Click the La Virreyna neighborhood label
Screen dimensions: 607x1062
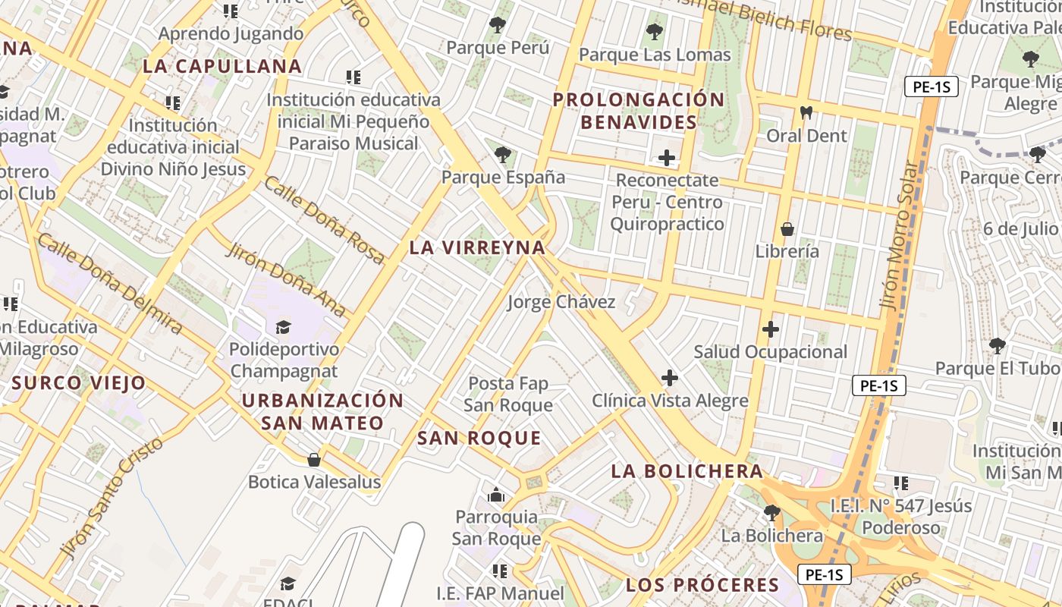(x=477, y=247)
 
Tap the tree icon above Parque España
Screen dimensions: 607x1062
(x=502, y=155)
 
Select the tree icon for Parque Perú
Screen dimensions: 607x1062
(x=497, y=25)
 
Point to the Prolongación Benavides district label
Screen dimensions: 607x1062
(x=639, y=111)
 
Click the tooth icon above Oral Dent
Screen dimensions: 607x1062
(x=806, y=113)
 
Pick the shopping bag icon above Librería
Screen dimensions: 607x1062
(x=787, y=228)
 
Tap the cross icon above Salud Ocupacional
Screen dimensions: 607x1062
(x=771, y=329)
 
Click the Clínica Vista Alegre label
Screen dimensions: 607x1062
(x=670, y=401)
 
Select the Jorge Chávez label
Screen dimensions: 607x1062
(x=561, y=302)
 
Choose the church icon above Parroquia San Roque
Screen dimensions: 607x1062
(x=496, y=495)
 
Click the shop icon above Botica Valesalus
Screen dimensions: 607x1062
(x=313, y=459)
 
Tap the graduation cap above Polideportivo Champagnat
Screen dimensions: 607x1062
(x=283, y=327)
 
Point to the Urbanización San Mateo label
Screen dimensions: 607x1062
(x=322, y=411)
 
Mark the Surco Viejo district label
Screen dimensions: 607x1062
(x=78, y=382)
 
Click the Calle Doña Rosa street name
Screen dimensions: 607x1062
(x=324, y=220)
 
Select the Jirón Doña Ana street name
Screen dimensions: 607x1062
(x=286, y=279)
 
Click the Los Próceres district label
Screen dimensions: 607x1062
(x=702, y=585)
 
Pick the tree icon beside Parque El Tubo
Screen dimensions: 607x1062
(x=997, y=346)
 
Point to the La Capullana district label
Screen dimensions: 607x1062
(x=222, y=66)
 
